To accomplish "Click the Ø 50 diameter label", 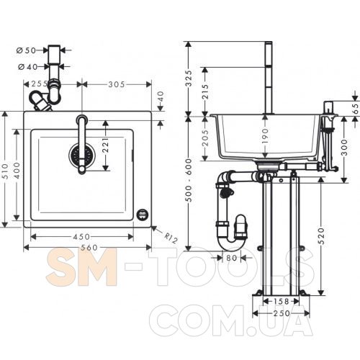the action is [26, 50].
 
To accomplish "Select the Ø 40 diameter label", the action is [28, 67].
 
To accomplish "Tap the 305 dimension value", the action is [117, 84].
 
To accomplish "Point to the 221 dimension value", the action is [106, 145].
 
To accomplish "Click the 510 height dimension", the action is [5, 171].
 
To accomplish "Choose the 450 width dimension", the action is [81, 237].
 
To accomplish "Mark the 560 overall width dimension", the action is [89, 248].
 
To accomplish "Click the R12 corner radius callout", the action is [171, 238].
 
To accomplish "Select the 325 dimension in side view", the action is [189, 78].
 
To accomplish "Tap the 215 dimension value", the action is [205, 91].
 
